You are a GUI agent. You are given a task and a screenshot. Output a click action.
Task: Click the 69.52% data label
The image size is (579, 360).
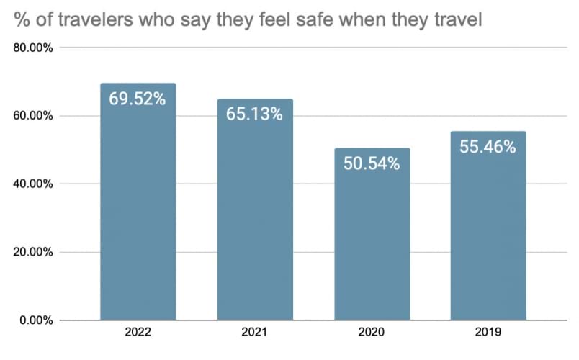pyautogui.click(x=138, y=99)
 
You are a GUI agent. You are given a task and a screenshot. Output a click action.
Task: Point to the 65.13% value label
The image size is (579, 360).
pyautogui.click(x=255, y=114)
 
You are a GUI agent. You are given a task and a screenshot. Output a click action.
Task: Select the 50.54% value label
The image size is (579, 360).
pyautogui.click(x=372, y=163)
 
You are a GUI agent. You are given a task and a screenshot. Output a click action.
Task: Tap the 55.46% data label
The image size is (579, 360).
pyautogui.click(x=488, y=147)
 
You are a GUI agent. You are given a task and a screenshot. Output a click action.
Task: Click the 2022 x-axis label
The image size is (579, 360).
pyautogui.click(x=138, y=334)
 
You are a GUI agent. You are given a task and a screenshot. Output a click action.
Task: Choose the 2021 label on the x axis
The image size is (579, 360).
pyautogui.click(x=255, y=334)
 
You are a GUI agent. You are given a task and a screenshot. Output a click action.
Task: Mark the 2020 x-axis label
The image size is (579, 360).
pyautogui.click(x=372, y=334)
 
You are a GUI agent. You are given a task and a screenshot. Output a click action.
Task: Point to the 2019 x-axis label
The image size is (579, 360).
pyautogui.click(x=488, y=334)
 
